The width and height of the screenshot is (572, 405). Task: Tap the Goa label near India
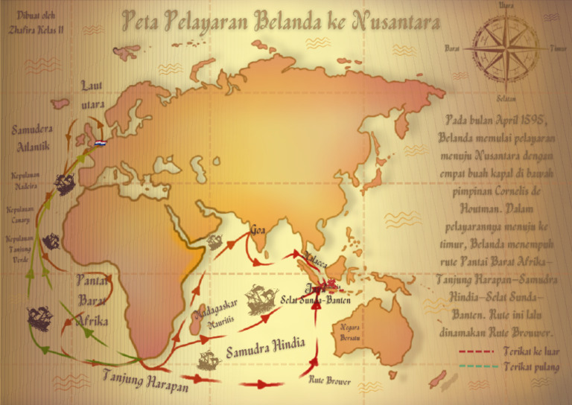pos(258,230)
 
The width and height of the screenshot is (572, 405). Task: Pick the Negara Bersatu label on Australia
pos(350,332)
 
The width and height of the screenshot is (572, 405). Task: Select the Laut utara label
pos(93,95)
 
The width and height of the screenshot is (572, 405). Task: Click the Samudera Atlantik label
pos(31,138)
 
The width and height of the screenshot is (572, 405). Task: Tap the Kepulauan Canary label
pos(21,214)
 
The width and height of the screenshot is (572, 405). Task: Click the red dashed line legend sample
pos(479,351)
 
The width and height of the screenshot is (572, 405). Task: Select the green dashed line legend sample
pos(479,366)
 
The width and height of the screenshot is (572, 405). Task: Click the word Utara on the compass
pos(506,6)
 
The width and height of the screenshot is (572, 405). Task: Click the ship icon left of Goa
pos(214,242)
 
